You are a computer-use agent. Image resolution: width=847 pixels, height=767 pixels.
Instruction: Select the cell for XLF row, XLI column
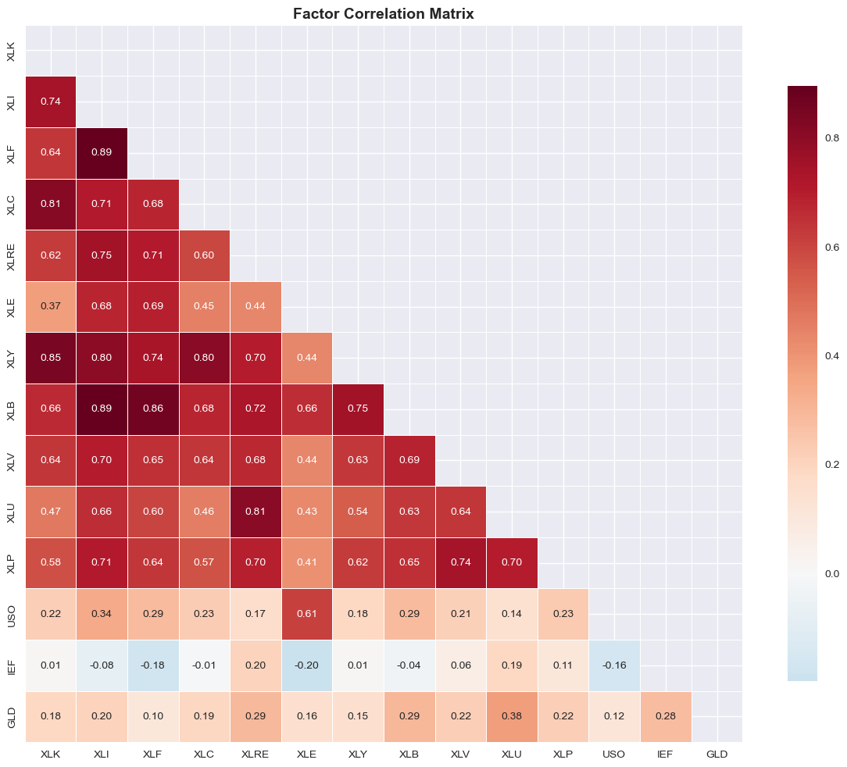(x=102, y=153)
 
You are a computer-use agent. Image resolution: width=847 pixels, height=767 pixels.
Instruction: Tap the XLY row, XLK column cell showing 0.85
(x=51, y=359)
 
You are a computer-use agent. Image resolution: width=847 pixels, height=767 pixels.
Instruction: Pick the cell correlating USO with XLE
(x=306, y=614)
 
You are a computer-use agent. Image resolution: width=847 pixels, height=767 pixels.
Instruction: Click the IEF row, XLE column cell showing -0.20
(x=306, y=665)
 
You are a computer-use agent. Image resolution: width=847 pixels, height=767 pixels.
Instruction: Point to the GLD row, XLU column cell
(x=511, y=716)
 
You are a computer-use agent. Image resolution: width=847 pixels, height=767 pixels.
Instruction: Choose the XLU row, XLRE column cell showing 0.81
(x=256, y=512)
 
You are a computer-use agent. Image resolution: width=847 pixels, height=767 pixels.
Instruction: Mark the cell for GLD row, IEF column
(x=665, y=716)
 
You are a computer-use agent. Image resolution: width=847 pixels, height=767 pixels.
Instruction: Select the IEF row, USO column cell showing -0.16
(x=614, y=665)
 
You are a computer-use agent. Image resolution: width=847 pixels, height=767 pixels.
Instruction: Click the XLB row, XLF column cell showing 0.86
(x=153, y=409)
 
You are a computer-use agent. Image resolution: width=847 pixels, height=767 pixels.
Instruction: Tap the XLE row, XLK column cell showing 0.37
(x=51, y=307)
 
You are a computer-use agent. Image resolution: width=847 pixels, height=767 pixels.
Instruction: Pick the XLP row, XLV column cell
(x=460, y=563)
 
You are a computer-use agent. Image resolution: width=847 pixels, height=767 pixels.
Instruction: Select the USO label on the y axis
(x=10, y=614)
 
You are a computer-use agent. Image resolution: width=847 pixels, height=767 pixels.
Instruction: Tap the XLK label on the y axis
(x=10, y=51)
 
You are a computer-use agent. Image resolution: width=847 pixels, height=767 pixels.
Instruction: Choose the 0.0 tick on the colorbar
(x=833, y=573)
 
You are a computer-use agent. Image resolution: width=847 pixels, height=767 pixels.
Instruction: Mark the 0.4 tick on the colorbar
(x=833, y=356)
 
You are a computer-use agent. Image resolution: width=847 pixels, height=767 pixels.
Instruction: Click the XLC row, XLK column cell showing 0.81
(x=51, y=205)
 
